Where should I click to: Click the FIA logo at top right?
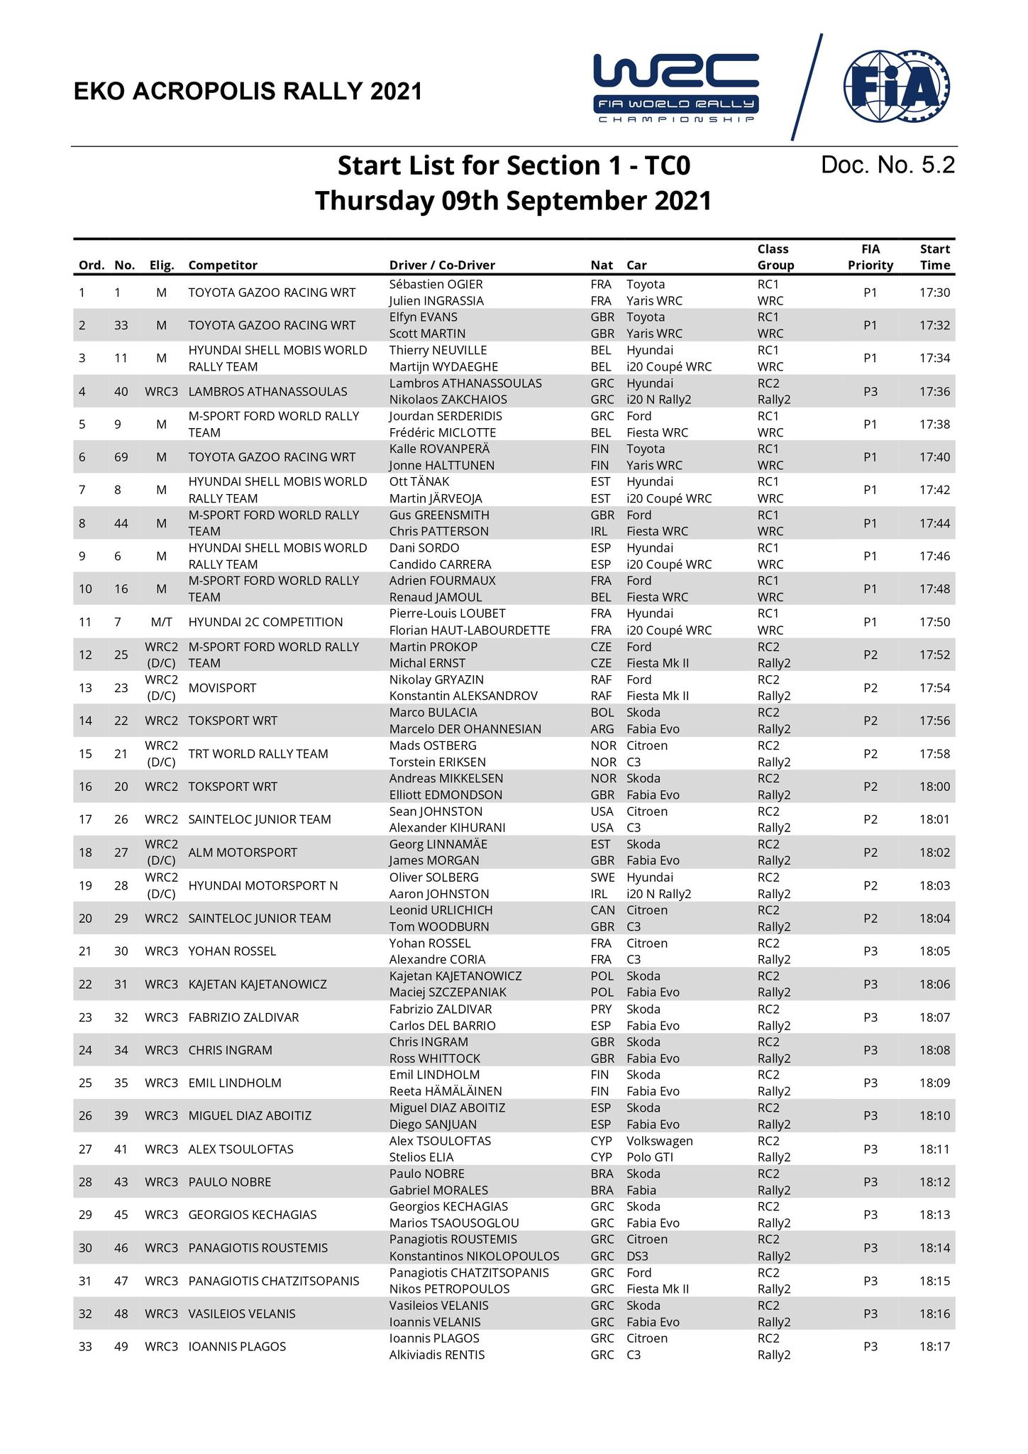pyautogui.click(x=896, y=87)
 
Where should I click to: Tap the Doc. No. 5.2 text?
pyautogui.click(x=888, y=165)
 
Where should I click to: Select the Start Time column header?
pyautogui.click(x=934, y=257)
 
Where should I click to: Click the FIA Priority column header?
pyautogui.click(x=870, y=257)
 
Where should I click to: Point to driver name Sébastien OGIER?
pyautogui.click(x=436, y=284)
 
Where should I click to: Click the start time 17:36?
pyautogui.click(x=934, y=391)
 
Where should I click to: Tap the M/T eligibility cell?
pyautogui.click(x=161, y=622)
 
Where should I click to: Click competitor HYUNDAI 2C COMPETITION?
pyautogui.click(x=265, y=622)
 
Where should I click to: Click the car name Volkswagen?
pyautogui.click(x=659, y=1141)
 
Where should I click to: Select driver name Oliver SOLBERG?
pyautogui.click(x=433, y=878)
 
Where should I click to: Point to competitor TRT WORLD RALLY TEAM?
pyautogui.click(x=258, y=753)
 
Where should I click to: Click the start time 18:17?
pyautogui.click(x=934, y=1346)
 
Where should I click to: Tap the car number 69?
pyautogui.click(x=121, y=457)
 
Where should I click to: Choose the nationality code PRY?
pyautogui.click(x=601, y=1009)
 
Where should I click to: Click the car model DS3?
pyautogui.click(x=637, y=1256)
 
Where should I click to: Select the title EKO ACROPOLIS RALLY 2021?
pyautogui.click(x=248, y=92)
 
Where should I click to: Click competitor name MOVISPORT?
pyautogui.click(x=222, y=688)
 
